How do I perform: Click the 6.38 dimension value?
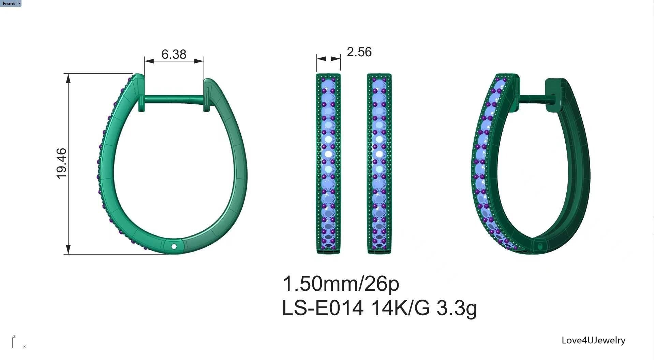click(174, 54)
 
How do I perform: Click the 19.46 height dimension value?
click(61, 163)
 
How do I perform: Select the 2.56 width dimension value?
click(359, 52)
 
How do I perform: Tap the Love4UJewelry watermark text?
click(593, 340)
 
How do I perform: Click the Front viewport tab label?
click(9, 3)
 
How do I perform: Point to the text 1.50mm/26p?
click(341, 284)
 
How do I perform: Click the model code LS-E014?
click(322, 308)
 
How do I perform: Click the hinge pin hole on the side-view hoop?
click(174, 246)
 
